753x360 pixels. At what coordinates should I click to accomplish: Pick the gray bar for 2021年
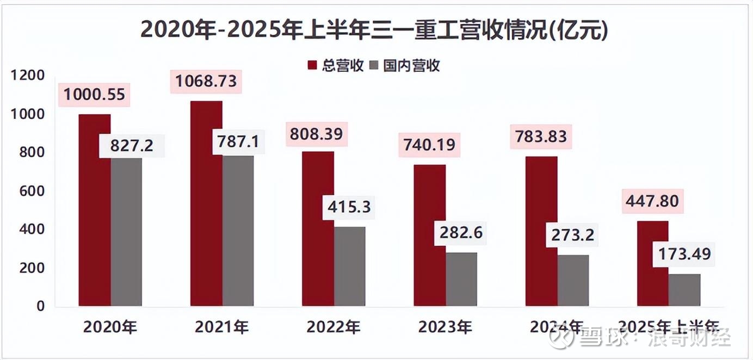(238, 231)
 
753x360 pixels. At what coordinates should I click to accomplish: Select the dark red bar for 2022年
(318, 228)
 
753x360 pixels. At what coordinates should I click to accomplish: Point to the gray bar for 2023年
(461, 279)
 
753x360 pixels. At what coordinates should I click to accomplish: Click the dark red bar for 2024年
(541, 231)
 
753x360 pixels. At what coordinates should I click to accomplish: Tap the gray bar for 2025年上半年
(684, 290)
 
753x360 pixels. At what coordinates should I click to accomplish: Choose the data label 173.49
(684, 253)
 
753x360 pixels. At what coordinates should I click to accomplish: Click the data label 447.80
(652, 201)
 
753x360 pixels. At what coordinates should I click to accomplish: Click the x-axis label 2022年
(333, 327)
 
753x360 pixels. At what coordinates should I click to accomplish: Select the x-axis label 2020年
(110, 327)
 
